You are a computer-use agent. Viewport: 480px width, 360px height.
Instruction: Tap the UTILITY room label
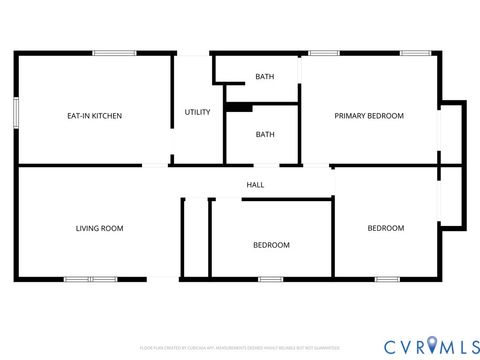coord(197,112)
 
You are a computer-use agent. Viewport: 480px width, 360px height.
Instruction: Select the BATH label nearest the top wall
coord(264,77)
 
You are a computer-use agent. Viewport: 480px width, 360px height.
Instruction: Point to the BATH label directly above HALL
coord(264,134)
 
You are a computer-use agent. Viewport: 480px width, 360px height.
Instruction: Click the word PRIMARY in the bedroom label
coord(351,116)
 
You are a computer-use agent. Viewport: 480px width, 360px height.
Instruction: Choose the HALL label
coord(255,184)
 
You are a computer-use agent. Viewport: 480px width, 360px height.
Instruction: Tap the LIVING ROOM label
coord(99,228)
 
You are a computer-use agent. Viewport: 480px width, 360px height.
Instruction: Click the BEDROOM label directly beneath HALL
coord(270,245)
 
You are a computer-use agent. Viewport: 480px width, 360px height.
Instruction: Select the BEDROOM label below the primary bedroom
coord(385,228)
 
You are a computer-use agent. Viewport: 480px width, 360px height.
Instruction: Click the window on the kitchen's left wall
coord(15,111)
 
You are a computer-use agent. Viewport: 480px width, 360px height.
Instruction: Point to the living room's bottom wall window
coord(90,278)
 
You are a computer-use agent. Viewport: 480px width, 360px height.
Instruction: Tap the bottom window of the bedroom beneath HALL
coord(270,278)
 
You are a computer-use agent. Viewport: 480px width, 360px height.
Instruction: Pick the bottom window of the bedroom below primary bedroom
coord(388,278)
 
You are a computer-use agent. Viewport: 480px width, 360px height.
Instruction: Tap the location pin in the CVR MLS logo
coord(431,345)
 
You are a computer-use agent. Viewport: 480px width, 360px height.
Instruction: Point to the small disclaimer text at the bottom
coord(239,347)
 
